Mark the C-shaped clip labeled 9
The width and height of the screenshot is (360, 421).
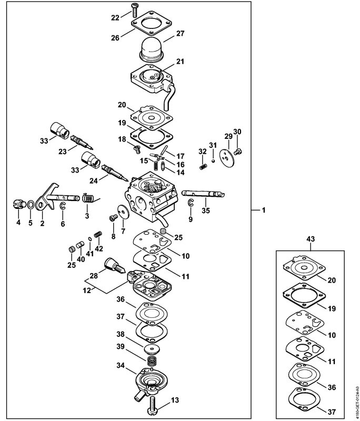tap(191, 205)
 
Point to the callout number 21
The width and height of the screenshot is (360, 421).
tap(181, 62)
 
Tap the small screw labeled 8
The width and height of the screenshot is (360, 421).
tap(112, 217)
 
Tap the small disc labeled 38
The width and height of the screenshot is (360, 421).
tap(153, 349)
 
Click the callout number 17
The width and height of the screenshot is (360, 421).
tap(180, 156)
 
